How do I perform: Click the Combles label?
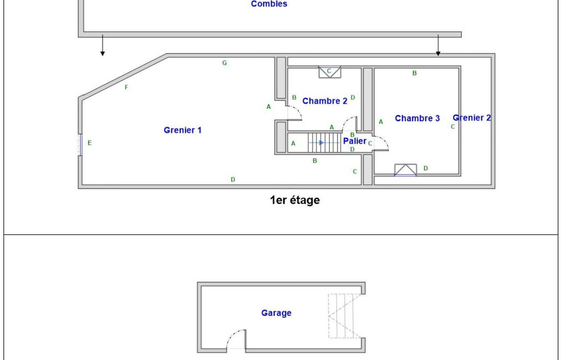pyautogui.click(x=269, y=4)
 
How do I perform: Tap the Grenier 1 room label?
pyautogui.click(x=182, y=130)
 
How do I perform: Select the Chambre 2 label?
pyautogui.click(x=325, y=101)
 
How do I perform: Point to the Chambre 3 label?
pyautogui.click(x=417, y=118)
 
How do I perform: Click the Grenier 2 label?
pyautogui.click(x=472, y=118)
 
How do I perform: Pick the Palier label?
pyautogui.click(x=355, y=141)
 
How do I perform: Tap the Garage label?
pyautogui.click(x=277, y=313)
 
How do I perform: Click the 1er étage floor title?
pyautogui.click(x=295, y=200)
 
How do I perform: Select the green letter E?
pyautogui.click(x=89, y=143)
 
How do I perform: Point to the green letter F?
pyautogui.click(x=126, y=88)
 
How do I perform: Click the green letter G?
pyautogui.click(x=224, y=63)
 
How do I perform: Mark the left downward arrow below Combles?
pyautogui.click(x=103, y=45)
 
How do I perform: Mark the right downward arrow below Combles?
pyautogui.click(x=438, y=45)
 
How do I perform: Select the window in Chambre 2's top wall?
pyautogui.click(x=330, y=71)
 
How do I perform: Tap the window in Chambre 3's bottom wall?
pyautogui.click(x=405, y=170)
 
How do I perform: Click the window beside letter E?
pyautogui.click(x=80, y=145)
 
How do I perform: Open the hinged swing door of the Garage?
pyautogui.click(x=236, y=341)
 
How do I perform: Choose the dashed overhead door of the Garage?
pyautogui.click(x=345, y=316)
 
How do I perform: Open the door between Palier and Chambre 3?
pyautogui.click(x=381, y=143)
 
